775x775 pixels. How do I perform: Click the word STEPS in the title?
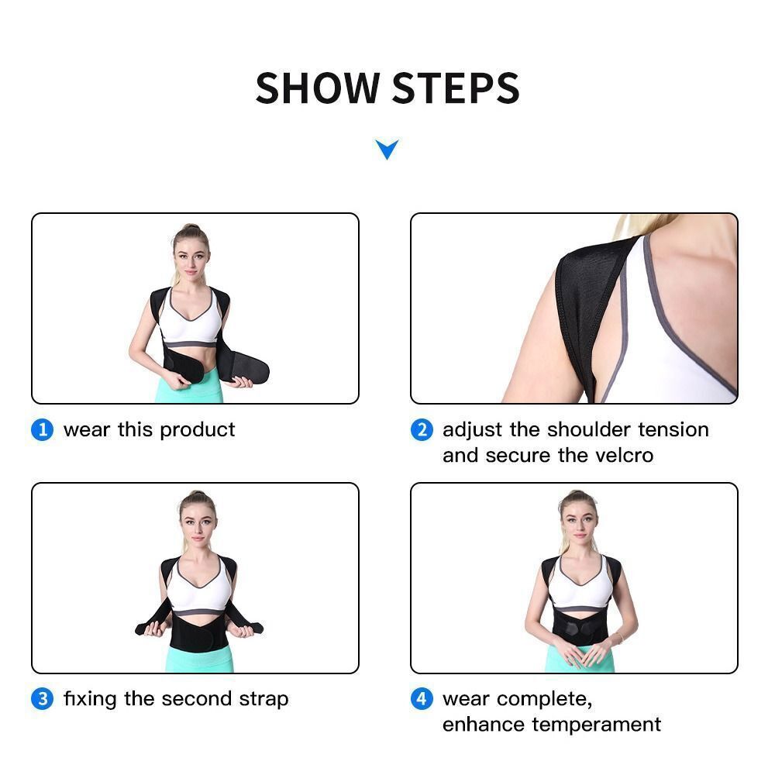tap(455, 88)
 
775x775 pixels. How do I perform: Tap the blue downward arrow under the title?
tap(387, 149)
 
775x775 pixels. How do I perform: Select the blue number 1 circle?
tap(42, 430)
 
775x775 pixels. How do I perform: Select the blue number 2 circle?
tap(421, 430)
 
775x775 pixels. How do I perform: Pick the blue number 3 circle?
tap(42, 699)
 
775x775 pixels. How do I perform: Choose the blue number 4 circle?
tap(421, 699)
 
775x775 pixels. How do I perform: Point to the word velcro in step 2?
tap(622, 455)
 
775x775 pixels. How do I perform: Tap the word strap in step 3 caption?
tap(263, 700)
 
